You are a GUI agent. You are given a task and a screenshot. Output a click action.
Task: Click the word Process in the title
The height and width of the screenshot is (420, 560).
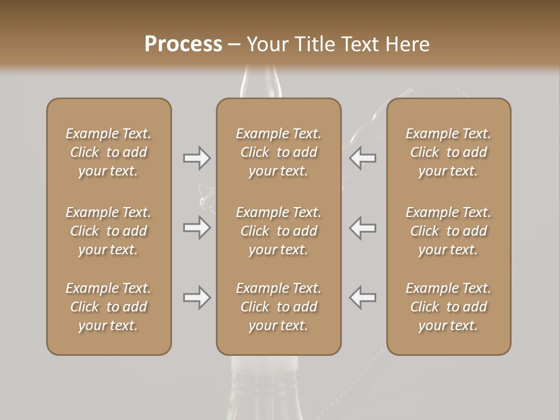coord(183,44)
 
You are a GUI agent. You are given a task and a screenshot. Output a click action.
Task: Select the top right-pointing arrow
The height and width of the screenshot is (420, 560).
coord(197,158)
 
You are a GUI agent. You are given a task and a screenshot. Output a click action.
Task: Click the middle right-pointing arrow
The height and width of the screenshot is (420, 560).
coord(197,228)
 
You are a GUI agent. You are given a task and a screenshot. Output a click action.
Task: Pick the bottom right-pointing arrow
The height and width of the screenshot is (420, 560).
coord(197,297)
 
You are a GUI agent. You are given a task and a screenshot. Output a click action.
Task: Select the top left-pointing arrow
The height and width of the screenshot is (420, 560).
coord(363,158)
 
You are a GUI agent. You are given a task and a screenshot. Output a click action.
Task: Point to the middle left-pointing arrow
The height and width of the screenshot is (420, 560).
coord(363,228)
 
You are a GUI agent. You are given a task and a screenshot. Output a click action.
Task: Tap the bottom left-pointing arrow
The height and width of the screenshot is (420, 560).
coord(363,297)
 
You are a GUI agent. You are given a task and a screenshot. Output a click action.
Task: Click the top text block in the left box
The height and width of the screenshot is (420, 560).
coord(108,152)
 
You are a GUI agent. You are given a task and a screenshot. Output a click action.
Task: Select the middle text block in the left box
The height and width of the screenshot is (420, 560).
coord(108,231)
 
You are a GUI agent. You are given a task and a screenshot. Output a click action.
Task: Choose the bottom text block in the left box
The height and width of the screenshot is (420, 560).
coord(108,307)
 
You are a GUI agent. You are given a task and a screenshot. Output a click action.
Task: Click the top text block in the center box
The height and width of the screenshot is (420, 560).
coord(279,152)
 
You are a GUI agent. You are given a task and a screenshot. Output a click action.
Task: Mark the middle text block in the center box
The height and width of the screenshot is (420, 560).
coord(279,231)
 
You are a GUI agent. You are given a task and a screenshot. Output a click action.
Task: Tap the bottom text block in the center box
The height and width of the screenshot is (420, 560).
coord(279,307)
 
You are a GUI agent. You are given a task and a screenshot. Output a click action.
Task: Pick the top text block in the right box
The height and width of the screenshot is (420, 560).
coord(449,152)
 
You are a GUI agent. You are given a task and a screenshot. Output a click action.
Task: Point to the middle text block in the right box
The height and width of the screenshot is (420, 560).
coord(449,231)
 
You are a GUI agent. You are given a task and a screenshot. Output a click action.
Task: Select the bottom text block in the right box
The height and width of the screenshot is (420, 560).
coord(449,307)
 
